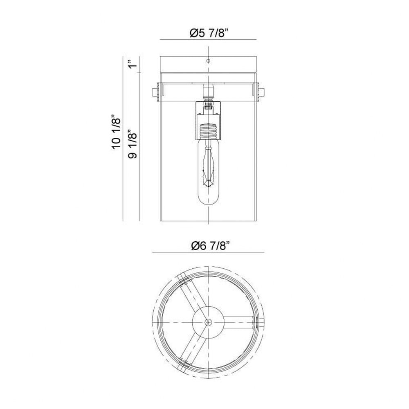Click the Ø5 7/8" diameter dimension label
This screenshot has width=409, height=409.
pos(209,33)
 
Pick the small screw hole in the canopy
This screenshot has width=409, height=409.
pos(208,61)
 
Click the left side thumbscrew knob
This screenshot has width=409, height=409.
pos(155,92)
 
